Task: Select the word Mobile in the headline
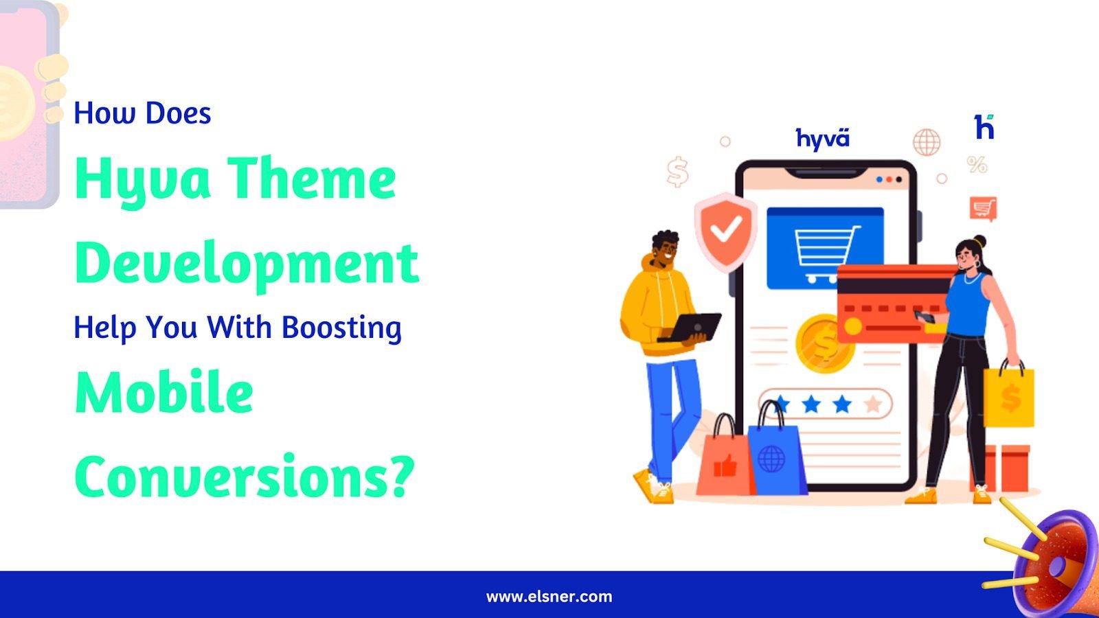164,392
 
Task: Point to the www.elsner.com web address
549,597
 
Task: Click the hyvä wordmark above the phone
822,138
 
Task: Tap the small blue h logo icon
984,126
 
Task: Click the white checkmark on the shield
726,229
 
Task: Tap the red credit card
896,304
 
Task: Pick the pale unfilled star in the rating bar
873,404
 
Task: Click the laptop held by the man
690,328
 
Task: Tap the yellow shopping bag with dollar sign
1009,394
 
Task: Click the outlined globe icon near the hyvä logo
927,142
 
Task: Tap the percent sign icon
977,165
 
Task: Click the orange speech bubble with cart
983,209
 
